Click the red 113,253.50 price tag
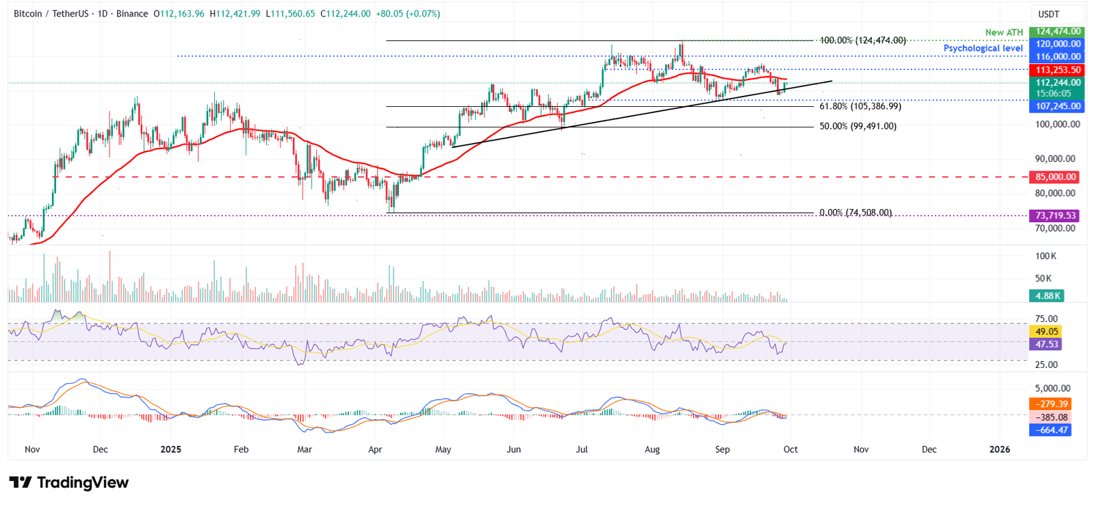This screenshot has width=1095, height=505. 1057,70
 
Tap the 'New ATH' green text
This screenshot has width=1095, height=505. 1003,32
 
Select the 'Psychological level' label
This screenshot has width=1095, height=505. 983,48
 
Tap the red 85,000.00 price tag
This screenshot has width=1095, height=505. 1055,177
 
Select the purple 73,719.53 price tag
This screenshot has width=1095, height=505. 1055,216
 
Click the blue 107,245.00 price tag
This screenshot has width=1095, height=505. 1057,106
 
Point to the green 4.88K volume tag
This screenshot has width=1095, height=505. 1047,296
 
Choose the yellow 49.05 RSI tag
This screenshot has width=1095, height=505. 1046,332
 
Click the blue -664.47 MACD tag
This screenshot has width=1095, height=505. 1051,430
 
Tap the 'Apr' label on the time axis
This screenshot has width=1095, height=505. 374,449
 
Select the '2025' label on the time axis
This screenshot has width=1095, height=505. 170,449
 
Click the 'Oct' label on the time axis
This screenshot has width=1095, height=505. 790,449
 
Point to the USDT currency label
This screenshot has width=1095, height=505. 1048,14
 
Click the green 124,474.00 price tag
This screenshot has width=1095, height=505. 1057,32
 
